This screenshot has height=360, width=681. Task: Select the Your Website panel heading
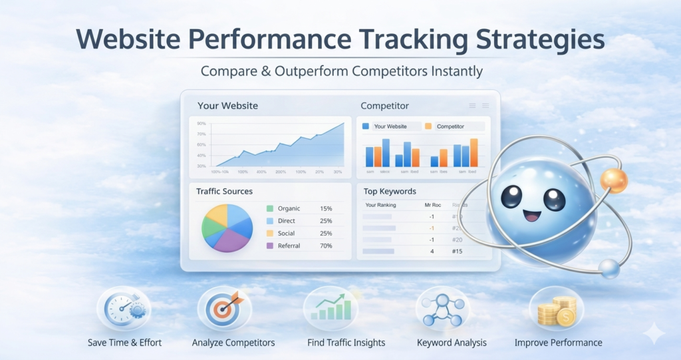227,106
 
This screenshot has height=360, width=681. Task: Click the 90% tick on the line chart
201,124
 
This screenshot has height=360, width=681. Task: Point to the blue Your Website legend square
366,126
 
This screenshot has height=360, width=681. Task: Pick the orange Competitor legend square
428,126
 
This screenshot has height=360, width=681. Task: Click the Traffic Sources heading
224,192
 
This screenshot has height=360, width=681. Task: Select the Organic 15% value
326,209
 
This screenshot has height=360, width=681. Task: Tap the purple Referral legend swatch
270,246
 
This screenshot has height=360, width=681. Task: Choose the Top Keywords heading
390,192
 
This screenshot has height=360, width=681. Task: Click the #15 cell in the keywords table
457,252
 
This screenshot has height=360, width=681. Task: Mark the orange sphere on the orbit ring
613,180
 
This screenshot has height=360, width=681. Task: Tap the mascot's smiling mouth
532,216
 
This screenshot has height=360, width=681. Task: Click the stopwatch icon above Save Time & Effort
124,309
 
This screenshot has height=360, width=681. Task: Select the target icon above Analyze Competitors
224,309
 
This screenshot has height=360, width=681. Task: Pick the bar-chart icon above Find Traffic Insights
331,309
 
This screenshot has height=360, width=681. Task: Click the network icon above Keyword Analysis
442,309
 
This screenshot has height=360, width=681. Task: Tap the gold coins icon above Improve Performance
556,309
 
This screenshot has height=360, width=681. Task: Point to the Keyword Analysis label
452,343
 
